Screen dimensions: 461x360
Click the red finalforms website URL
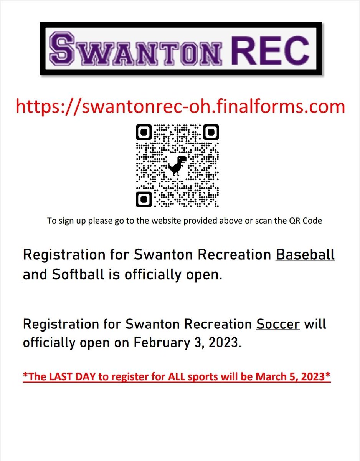[x=180, y=106]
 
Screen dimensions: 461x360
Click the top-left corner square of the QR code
[x=144, y=132]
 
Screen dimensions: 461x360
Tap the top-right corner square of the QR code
[x=211, y=132]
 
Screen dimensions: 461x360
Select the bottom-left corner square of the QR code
[x=144, y=199]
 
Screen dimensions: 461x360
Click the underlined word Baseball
[x=305, y=255]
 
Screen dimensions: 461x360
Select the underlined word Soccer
[x=278, y=324]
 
